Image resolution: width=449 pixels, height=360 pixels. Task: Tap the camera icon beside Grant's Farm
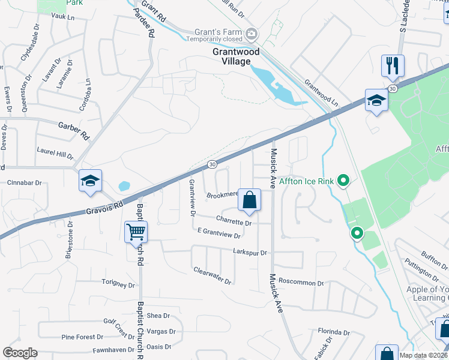253,33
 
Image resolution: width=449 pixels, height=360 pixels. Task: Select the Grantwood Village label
236,56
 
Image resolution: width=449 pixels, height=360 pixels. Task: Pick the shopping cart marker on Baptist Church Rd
136,232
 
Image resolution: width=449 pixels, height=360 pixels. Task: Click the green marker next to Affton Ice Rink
344,179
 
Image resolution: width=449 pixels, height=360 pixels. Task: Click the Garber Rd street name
73,127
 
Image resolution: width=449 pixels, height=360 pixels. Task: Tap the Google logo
20,353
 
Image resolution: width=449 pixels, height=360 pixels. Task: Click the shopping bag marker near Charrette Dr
249,200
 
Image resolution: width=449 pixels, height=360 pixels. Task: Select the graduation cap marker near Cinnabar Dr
90,181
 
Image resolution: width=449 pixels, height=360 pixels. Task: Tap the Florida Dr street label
334,332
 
